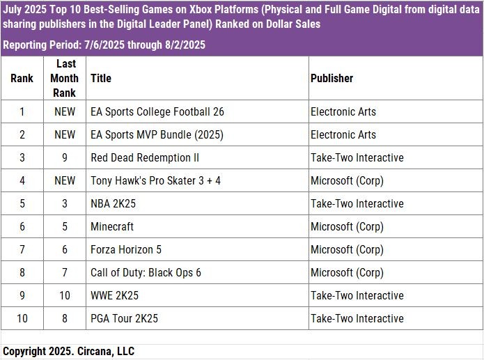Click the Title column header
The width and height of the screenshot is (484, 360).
tap(101, 79)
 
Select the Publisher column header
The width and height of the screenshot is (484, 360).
tap(331, 79)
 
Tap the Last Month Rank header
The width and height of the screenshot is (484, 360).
tap(64, 78)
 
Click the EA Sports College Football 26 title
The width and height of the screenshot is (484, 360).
tap(157, 111)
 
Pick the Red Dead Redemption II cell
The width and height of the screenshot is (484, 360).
tap(145, 157)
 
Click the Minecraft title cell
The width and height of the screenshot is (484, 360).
tap(112, 226)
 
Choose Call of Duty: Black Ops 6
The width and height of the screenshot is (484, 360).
tap(146, 272)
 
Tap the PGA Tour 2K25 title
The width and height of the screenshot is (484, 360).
tap(124, 318)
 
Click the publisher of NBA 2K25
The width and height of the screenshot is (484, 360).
tap(357, 203)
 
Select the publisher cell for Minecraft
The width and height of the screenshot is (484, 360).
tap(347, 226)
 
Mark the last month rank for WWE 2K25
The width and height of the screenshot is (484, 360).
tap(64, 295)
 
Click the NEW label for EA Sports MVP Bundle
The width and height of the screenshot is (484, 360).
tap(64, 134)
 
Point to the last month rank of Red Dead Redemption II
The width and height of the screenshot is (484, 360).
tap(64, 157)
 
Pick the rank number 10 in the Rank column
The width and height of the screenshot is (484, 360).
tap(22, 318)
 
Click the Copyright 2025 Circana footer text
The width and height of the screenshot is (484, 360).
tap(68, 351)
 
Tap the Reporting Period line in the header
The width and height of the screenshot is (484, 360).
tap(104, 45)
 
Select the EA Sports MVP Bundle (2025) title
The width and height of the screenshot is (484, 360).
tap(157, 134)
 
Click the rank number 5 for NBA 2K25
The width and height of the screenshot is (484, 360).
tap(22, 203)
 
